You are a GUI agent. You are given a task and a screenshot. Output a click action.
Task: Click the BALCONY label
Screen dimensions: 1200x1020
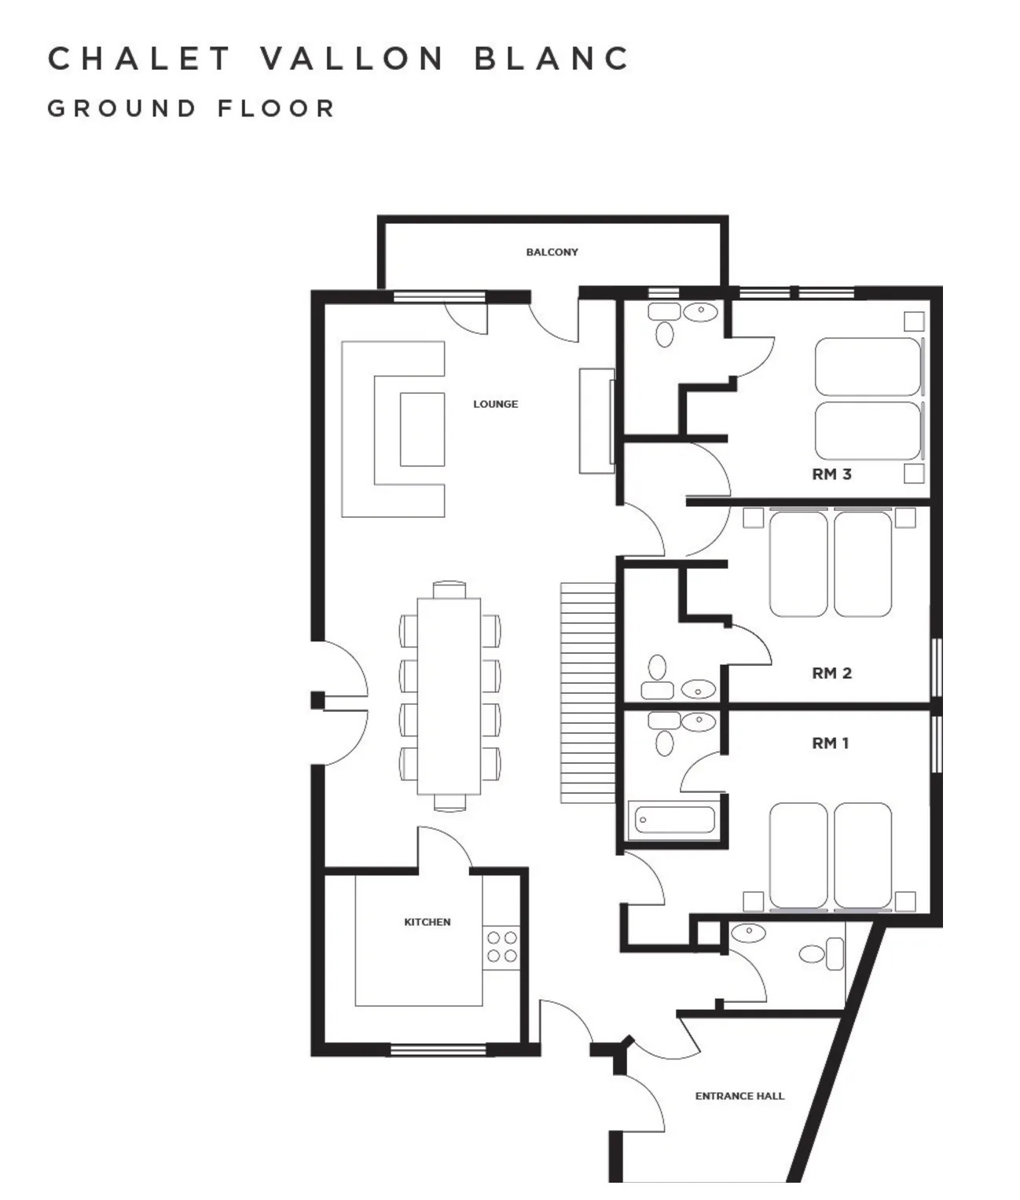[552, 252]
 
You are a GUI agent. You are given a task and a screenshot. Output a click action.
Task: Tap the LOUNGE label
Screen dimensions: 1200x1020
[495, 404]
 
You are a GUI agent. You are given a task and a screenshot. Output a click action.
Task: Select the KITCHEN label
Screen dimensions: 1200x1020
[427, 922]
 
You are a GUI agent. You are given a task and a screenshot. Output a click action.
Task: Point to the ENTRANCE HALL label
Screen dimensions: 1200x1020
[739, 1095]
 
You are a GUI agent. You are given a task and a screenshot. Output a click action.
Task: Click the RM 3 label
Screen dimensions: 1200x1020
[831, 474]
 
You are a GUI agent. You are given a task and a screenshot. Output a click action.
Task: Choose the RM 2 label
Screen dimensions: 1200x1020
[831, 673]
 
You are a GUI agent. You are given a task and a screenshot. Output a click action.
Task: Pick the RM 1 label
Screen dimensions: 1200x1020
[830, 743]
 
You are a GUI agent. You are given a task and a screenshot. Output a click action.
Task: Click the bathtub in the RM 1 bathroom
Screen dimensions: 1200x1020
[673, 820]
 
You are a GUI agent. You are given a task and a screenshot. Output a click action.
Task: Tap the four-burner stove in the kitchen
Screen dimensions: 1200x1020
[501, 946]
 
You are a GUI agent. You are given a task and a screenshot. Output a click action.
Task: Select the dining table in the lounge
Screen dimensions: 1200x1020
[449, 696]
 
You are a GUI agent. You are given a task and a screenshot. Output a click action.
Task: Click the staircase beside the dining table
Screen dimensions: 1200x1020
[587, 692]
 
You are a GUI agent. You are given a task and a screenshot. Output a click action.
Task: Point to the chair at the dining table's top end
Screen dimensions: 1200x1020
[449, 589]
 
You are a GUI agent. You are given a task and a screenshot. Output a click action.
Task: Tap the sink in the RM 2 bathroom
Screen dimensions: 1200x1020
[697, 689]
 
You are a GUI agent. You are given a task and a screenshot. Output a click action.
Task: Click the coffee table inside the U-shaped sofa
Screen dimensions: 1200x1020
[422, 429]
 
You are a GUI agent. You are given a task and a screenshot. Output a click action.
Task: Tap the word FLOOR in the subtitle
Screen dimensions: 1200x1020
[276, 108]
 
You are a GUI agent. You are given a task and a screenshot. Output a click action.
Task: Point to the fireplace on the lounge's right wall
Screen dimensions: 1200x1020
[596, 420]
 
